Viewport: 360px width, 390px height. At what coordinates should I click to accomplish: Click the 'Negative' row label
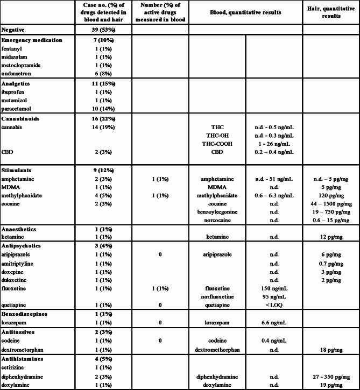14,31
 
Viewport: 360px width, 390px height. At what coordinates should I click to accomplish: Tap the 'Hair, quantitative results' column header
331,12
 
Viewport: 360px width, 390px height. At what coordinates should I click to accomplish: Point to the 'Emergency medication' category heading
32,40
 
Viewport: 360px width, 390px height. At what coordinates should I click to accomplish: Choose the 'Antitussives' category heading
21,333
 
